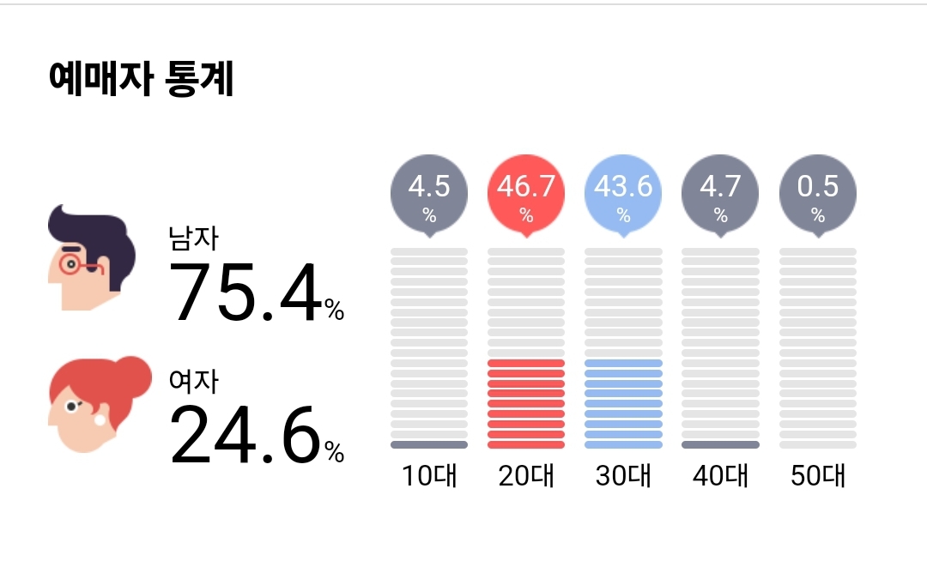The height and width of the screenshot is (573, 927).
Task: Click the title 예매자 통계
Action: tap(142, 80)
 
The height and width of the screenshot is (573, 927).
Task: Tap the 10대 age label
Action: tap(429, 475)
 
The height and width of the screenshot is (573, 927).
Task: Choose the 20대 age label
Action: tap(526, 475)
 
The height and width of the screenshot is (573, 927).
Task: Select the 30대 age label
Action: tap(623, 475)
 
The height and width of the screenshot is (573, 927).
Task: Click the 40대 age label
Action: tap(720, 475)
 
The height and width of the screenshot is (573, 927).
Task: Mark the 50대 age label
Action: tap(818, 475)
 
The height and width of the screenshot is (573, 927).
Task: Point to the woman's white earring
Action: tap(99, 420)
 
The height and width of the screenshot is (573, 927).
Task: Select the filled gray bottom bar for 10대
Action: tap(429, 444)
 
